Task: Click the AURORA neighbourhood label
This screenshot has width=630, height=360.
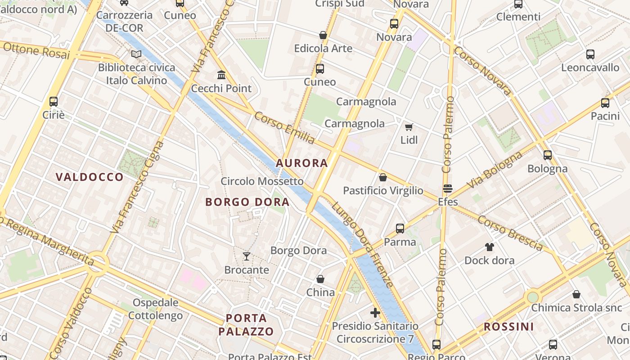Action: pos(302,163)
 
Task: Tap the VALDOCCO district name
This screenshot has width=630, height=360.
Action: pos(90,177)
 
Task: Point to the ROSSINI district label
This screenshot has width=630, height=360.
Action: pos(508,327)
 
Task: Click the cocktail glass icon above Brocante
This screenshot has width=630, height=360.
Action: pos(246,256)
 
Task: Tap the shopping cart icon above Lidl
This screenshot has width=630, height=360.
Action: pos(409,127)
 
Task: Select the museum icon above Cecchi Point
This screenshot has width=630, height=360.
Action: pos(221,75)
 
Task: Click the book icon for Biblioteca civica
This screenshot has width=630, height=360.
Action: pos(136,54)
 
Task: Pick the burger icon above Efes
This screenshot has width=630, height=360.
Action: pos(447,188)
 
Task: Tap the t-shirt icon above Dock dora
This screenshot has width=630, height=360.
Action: pos(489,247)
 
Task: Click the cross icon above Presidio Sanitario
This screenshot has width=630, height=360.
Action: pos(375,312)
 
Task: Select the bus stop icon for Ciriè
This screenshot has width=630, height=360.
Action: pos(54,101)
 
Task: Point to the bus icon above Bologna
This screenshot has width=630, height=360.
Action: pos(548,155)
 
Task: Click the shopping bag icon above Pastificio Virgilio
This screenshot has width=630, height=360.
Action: pos(383,177)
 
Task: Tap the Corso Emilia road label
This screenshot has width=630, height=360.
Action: pos(284,128)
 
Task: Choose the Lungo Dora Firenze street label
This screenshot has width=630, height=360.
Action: pos(362,245)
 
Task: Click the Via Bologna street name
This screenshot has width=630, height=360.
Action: pos(495,170)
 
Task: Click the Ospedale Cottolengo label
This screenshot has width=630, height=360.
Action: pos(155,309)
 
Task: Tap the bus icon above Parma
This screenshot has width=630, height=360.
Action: pos(400,229)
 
